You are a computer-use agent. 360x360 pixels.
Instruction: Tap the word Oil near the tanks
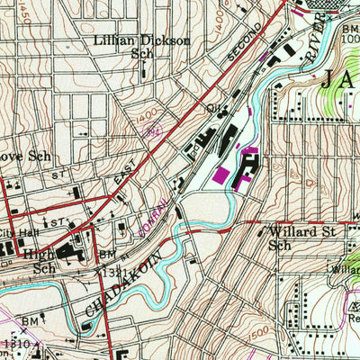pos(213,107)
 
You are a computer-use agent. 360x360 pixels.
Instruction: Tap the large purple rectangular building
pos(220,175)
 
